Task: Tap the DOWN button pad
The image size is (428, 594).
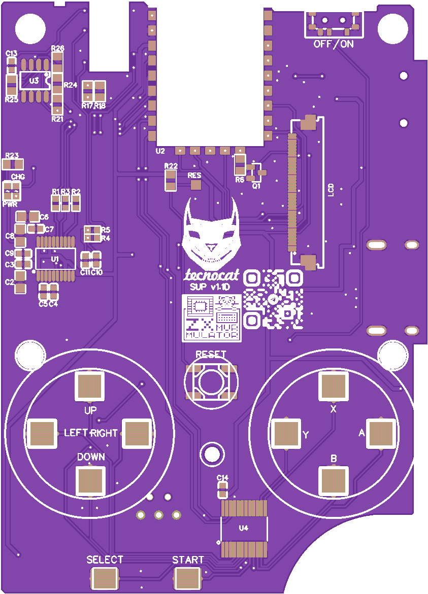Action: click(x=91, y=480)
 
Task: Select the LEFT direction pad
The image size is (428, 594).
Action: click(x=41, y=434)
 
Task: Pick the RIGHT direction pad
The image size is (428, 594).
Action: click(x=137, y=434)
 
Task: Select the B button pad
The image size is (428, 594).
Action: click(x=334, y=479)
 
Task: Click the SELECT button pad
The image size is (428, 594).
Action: click(x=105, y=578)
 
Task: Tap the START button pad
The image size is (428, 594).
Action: click(x=188, y=578)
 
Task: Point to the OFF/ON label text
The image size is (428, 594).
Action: click(x=334, y=44)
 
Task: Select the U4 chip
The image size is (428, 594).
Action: click(x=244, y=528)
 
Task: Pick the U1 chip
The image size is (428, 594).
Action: click(x=55, y=259)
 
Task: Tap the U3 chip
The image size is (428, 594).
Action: click(x=34, y=80)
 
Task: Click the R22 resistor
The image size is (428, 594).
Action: click(x=171, y=180)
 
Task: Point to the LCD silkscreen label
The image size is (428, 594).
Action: click(x=331, y=190)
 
